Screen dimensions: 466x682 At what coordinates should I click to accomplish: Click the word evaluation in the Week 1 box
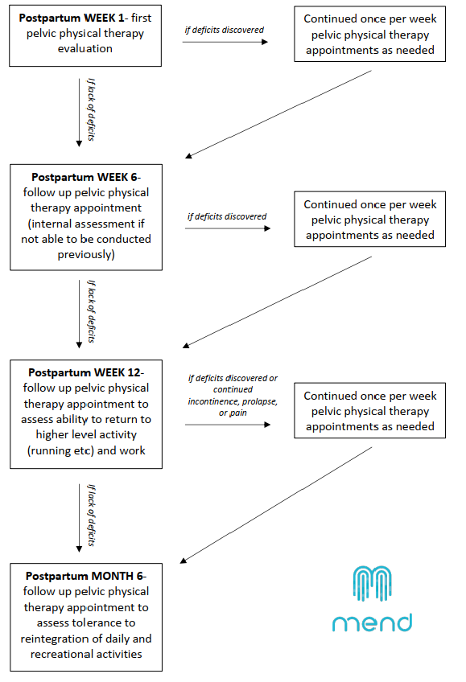coord(85,49)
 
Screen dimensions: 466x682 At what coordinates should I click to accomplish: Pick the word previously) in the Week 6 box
coord(86,254)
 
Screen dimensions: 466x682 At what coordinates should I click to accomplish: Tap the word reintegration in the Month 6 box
coord(52,639)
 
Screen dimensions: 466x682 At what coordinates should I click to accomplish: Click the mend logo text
coord(372,622)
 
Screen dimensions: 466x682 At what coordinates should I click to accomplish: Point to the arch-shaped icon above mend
coord(372,584)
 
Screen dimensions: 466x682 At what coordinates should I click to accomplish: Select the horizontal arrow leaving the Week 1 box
coord(225,42)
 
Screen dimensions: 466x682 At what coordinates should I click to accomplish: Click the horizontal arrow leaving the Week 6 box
coord(228,228)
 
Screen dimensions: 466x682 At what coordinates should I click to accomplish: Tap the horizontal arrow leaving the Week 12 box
coord(228,425)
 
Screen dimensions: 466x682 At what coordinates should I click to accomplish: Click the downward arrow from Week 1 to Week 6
coord(79,113)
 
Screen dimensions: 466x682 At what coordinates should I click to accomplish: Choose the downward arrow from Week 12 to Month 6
coord(79,518)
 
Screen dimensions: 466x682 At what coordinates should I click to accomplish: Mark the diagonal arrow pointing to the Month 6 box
coord(276,505)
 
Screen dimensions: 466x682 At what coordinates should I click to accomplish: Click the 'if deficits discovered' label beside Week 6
coord(227,216)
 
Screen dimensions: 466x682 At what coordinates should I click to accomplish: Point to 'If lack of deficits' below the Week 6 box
coord(91,311)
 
